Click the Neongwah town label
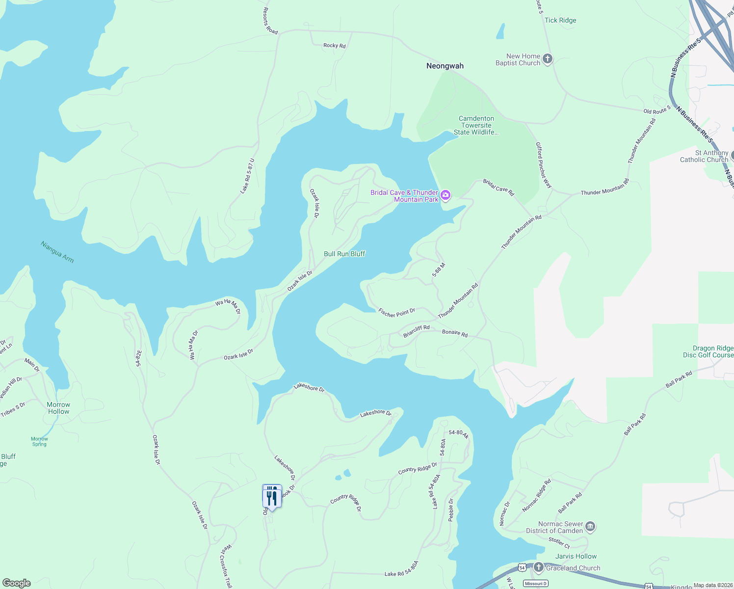pyautogui.click(x=445, y=66)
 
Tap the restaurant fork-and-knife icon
pyautogui.click(x=272, y=497)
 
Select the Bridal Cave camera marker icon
pyautogui.click(x=446, y=195)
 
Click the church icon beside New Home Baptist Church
pyautogui.click(x=548, y=59)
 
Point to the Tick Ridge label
pyautogui.click(x=560, y=20)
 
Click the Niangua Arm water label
pyautogui.click(x=57, y=252)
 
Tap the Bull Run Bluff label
pyautogui.click(x=344, y=254)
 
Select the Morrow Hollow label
pyautogui.click(x=58, y=408)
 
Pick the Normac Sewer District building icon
pyautogui.click(x=590, y=527)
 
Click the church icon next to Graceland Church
pyautogui.click(x=539, y=568)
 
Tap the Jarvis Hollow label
pyautogui.click(x=576, y=556)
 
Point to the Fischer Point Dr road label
pyautogui.click(x=396, y=313)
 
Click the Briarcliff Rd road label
pyautogui.click(x=416, y=331)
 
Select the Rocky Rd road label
pyautogui.click(x=334, y=46)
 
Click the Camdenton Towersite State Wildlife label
pyautogui.click(x=476, y=125)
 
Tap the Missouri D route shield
pyautogui.click(x=535, y=583)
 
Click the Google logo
pyautogui.click(x=17, y=583)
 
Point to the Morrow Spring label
pyautogui.click(x=39, y=441)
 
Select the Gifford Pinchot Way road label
pyautogui.click(x=543, y=165)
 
